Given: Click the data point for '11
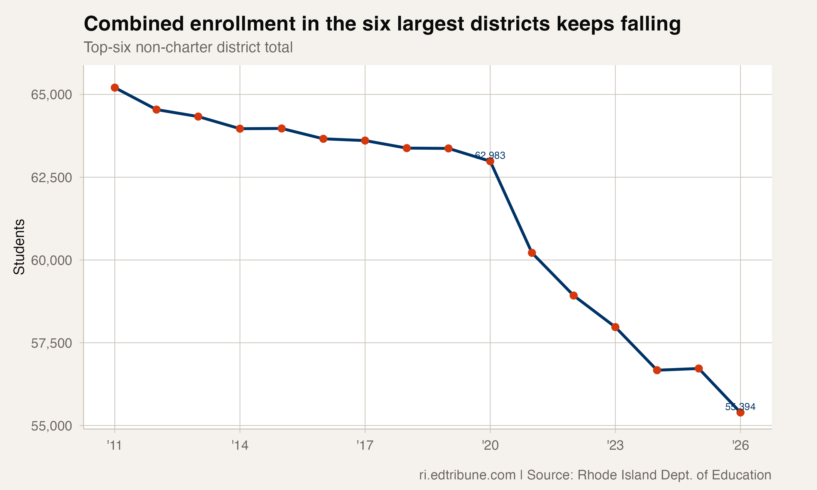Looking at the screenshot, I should coord(115,87).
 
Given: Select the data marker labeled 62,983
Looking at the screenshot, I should coord(490,161).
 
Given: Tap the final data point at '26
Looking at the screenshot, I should coord(740,412).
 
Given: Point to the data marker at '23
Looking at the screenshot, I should coord(615,327).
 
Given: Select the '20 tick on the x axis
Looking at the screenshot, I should coord(490,446).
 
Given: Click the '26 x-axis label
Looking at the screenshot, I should coord(740,446).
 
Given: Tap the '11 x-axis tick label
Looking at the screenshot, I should coord(115,446).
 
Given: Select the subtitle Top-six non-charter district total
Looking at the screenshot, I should coord(188,47).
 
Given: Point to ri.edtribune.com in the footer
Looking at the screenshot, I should coord(467,475).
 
